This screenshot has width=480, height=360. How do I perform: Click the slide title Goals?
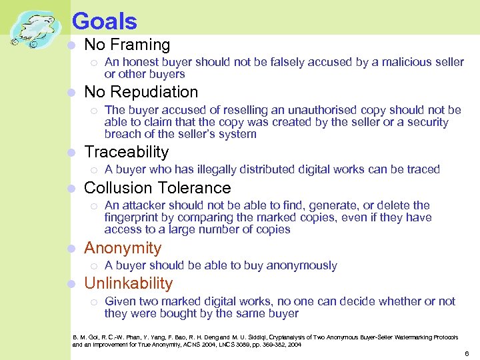(x=104, y=21)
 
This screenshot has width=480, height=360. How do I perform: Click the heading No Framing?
(x=127, y=45)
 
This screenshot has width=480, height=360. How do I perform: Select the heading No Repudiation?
(x=141, y=92)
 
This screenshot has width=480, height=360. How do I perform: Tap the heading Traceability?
(x=127, y=152)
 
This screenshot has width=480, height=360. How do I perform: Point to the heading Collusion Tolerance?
(x=157, y=188)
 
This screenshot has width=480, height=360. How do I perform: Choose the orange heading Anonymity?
(x=123, y=248)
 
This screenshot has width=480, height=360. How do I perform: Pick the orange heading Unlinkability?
(x=129, y=283)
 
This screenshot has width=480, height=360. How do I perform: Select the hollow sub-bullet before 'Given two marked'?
(x=94, y=302)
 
